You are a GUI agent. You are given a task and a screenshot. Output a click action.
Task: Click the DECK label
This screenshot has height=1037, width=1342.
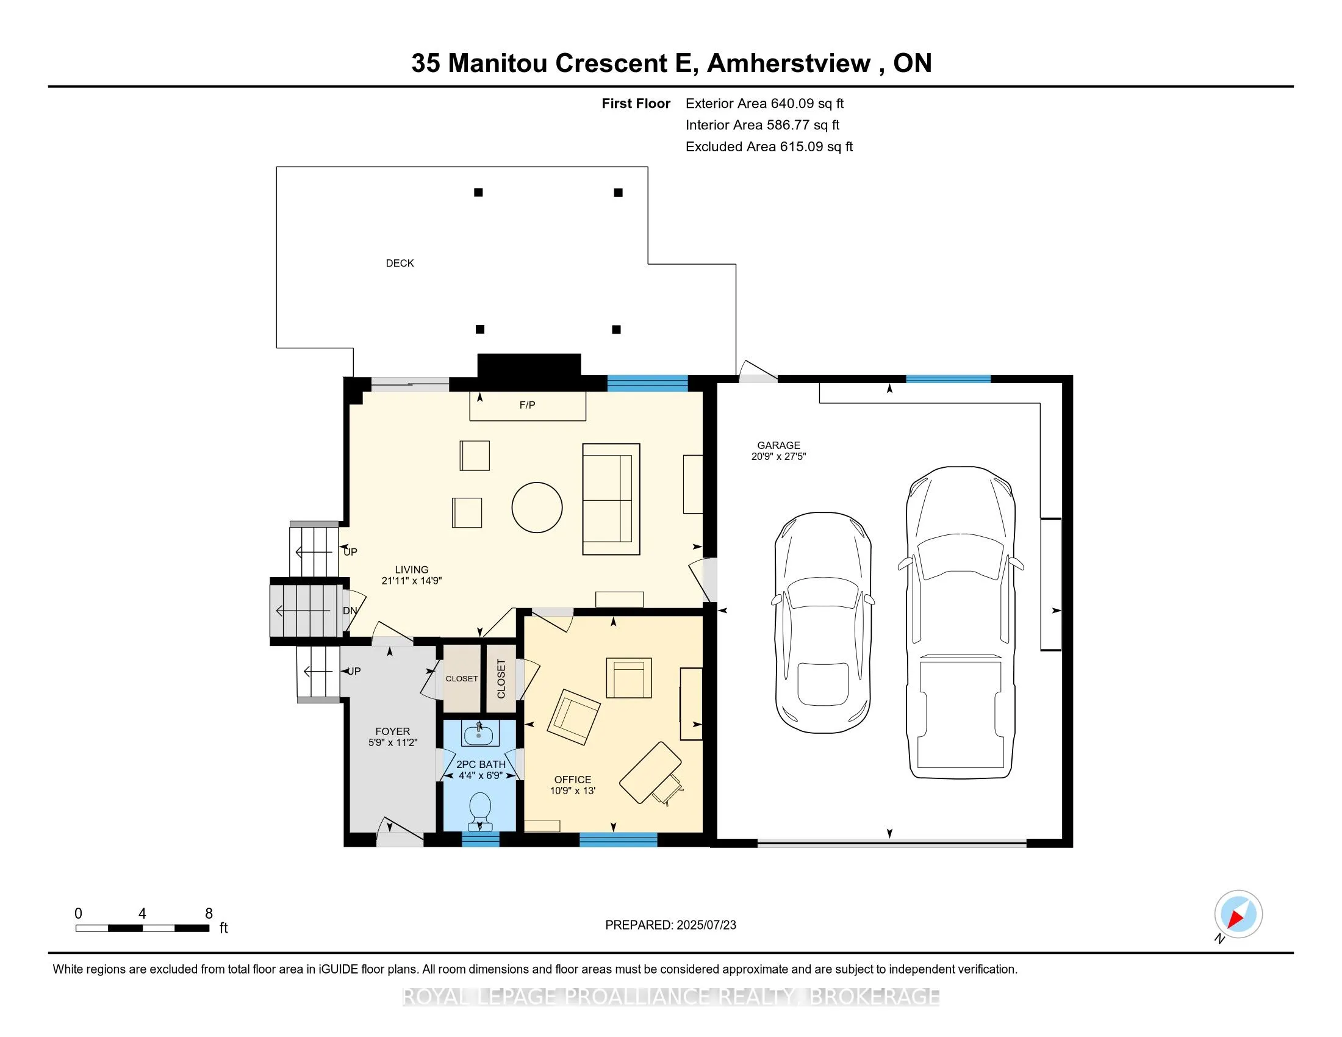pyautogui.click(x=400, y=263)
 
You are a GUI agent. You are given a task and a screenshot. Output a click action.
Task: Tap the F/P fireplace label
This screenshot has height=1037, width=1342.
pyautogui.click(x=527, y=405)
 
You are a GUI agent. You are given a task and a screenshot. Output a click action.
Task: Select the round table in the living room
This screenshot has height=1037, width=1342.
pyautogui.click(x=536, y=508)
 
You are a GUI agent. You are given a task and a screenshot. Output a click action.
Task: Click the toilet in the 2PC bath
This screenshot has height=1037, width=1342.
pyautogui.click(x=480, y=808)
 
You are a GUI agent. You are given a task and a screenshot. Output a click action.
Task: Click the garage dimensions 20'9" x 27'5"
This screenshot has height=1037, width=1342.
pyautogui.click(x=778, y=456)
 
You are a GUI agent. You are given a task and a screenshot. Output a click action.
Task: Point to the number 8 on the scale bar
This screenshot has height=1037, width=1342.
pyautogui.click(x=209, y=914)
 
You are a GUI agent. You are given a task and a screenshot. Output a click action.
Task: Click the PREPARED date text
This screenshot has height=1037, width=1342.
pyautogui.click(x=670, y=925)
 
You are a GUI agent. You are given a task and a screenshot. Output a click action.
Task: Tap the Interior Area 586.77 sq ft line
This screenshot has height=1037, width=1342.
pyautogui.click(x=762, y=125)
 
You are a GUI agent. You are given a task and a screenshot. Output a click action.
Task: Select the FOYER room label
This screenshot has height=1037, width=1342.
pyautogui.click(x=392, y=731)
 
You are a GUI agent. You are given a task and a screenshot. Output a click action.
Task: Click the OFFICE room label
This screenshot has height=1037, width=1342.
pyautogui.click(x=572, y=779)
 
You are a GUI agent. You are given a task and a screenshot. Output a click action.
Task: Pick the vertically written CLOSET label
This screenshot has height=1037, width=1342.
pyautogui.click(x=501, y=678)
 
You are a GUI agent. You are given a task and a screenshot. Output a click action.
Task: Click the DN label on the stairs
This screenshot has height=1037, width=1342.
pyautogui.click(x=350, y=611)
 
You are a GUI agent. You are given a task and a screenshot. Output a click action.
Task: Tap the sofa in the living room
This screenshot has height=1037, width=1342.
pyautogui.click(x=611, y=499)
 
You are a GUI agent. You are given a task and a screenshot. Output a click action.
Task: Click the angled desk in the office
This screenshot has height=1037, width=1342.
pyautogui.click(x=650, y=772)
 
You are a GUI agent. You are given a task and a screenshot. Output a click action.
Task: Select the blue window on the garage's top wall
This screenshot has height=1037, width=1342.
pyautogui.click(x=947, y=379)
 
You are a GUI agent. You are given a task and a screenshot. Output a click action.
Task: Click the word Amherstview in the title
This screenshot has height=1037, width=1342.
pyautogui.click(x=789, y=63)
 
